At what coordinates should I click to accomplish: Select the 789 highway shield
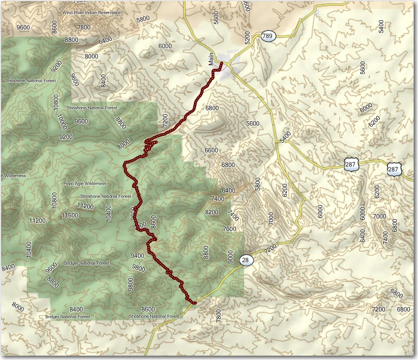267,36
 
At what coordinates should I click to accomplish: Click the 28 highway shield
246,260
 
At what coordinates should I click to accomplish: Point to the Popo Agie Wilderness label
85,184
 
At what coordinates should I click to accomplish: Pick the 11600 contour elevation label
70,216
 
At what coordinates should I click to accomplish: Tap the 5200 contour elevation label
248,37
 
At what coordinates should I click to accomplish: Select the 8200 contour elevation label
212,213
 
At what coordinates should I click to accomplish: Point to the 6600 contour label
211,151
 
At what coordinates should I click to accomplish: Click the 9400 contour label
137,256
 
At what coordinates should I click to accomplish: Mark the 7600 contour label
230,229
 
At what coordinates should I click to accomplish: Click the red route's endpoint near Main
222,64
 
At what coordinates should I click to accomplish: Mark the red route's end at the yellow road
194,302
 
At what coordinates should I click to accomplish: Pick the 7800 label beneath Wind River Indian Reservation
84,27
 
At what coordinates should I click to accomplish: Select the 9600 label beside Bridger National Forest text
52,267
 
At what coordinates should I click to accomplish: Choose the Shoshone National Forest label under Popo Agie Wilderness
106,196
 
